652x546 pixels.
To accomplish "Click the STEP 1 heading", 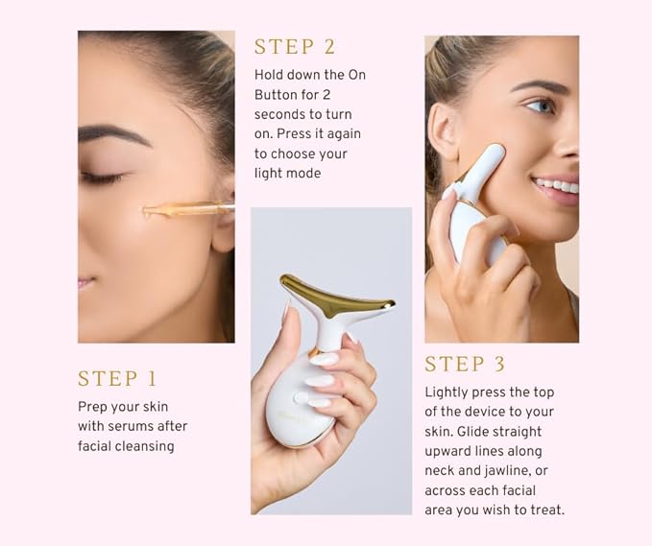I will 117,378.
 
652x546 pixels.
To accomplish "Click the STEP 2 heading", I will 295,46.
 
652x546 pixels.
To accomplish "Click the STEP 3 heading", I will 466,365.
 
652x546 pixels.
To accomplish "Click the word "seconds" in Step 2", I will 280,113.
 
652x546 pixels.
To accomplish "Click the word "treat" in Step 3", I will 548,510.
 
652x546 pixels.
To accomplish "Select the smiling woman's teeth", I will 557,184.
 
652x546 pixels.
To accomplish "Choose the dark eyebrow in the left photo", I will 112,133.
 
